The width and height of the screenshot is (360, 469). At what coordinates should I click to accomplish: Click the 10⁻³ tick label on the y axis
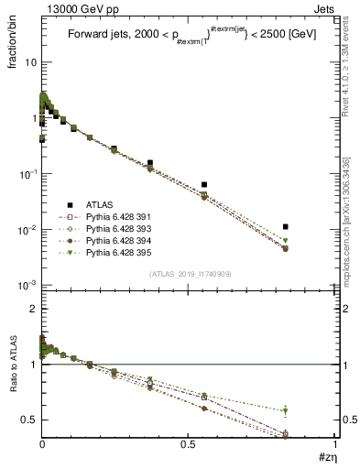tap(27, 285)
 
